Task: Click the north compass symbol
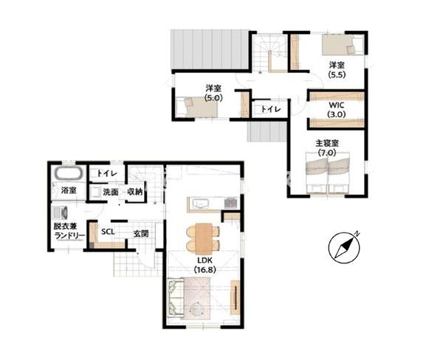coord(344,248)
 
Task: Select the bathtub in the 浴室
coord(69,173)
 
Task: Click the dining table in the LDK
coord(204,237)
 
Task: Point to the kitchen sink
coord(200,203)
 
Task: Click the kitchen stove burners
coord(231,203)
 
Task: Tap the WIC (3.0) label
coord(337,110)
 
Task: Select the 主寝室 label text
coord(327,143)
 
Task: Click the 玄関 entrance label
coord(141,233)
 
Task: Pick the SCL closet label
coord(108,232)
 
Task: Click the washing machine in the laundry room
coord(61,212)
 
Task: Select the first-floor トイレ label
coord(107,173)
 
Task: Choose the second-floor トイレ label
coord(271,109)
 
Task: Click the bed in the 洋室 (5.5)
coord(342,44)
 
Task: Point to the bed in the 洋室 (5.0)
coord(196,107)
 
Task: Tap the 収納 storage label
coord(135,192)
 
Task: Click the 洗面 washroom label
coord(111,193)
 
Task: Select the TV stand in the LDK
coord(235,297)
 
